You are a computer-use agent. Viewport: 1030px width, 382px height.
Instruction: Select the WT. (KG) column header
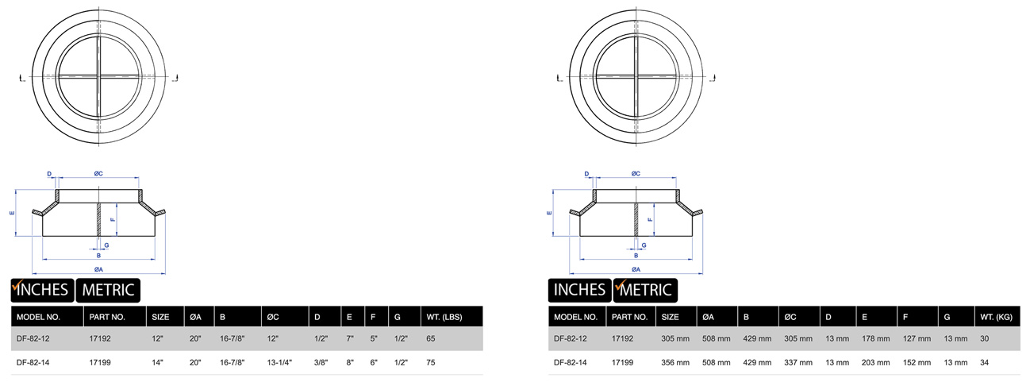pos(993,317)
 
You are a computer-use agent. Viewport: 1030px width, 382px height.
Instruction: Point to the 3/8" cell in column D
pos(321,362)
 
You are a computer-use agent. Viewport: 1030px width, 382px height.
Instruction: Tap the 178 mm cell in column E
pos(874,338)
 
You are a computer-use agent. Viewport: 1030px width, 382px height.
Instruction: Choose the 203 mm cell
pos(874,362)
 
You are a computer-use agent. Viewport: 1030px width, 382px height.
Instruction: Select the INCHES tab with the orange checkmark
pos(40,290)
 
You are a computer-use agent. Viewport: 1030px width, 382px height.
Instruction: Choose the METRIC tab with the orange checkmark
pos(644,290)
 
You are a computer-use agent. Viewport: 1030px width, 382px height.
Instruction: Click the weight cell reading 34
pos(986,362)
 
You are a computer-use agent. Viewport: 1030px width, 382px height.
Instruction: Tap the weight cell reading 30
pos(986,338)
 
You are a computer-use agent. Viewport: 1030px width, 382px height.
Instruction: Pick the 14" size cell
pos(157,362)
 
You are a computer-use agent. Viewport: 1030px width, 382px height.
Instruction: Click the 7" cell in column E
pos(349,338)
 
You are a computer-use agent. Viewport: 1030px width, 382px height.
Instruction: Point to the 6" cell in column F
pos(374,362)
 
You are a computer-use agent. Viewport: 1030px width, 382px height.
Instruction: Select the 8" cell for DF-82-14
pos(349,362)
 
